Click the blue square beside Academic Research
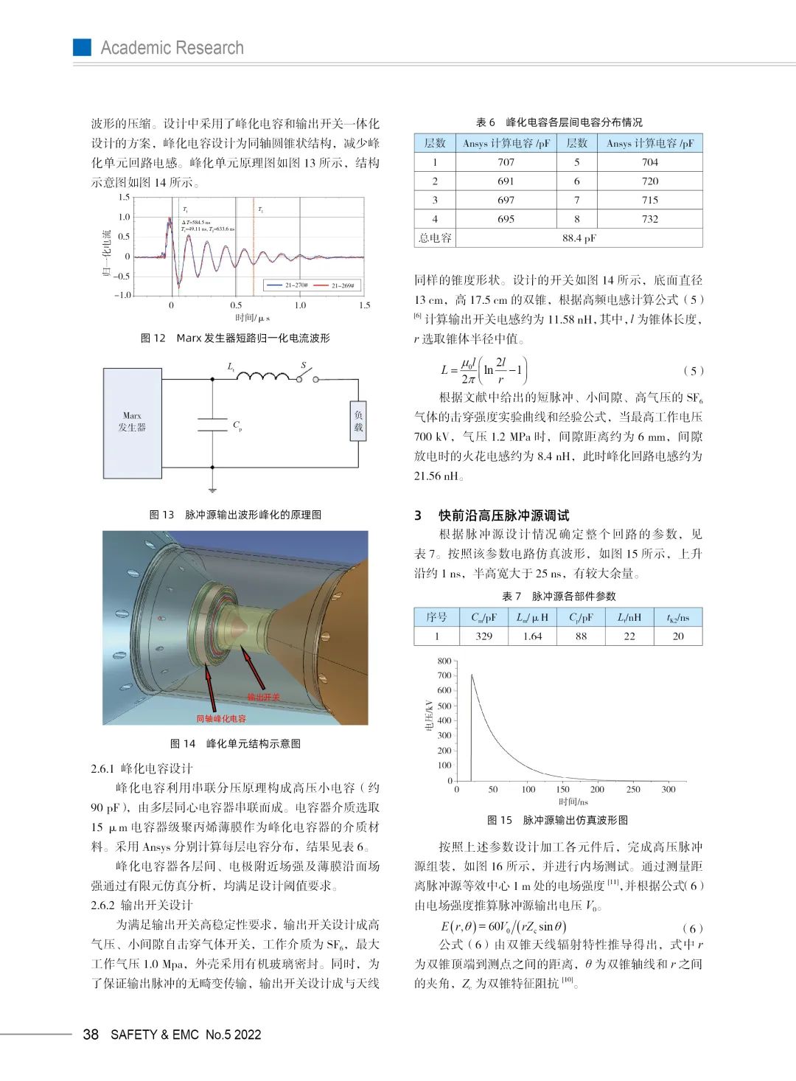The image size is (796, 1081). coord(82,47)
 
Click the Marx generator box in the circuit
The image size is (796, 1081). coord(132,423)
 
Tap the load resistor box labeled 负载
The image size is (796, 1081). coord(358,421)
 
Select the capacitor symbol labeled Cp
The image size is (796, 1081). coord(212,425)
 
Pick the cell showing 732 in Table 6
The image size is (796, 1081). coord(649,219)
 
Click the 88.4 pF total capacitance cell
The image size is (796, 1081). coord(579,238)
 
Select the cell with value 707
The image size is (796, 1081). coord(506,162)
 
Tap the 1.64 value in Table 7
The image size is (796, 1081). coord(532,636)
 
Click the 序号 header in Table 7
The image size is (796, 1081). coord(436,617)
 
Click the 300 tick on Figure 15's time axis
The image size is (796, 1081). coord(668,789)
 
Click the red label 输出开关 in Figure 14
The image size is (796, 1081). coord(263,697)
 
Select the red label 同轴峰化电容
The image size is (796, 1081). coord(221,718)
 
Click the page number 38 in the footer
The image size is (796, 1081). coord(91,1035)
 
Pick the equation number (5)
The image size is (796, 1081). coord(693,370)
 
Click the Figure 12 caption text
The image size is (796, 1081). coord(235,338)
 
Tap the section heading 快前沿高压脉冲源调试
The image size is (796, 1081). coord(503,515)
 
